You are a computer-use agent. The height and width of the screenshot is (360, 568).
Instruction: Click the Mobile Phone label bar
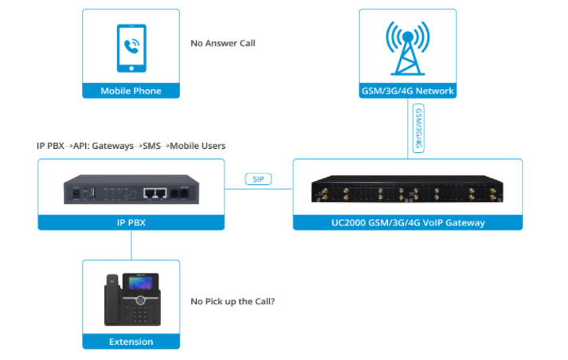click(x=131, y=91)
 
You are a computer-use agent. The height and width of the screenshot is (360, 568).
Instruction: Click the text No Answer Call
click(x=222, y=43)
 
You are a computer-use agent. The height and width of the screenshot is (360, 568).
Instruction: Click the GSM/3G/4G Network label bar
click(x=407, y=91)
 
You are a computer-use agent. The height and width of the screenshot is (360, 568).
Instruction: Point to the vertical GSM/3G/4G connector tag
click(x=418, y=128)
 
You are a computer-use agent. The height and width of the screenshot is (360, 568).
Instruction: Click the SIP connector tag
click(x=258, y=180)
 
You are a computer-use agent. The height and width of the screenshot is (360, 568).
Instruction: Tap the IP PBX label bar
click(x=131, y=223)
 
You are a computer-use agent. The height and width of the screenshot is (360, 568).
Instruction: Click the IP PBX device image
click(x=131, y=192)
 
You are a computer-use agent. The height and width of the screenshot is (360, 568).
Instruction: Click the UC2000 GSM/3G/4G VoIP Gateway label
click(x=407, y=223)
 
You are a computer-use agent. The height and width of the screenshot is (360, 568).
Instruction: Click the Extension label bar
click(x=131, y=342)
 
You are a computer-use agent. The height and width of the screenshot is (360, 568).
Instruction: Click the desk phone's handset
click(x=113, y=300)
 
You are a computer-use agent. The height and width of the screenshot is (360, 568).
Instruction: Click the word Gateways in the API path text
click(x=116, y=146)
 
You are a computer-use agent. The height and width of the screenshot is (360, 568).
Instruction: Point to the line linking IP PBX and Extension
click(x=131, y=245)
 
